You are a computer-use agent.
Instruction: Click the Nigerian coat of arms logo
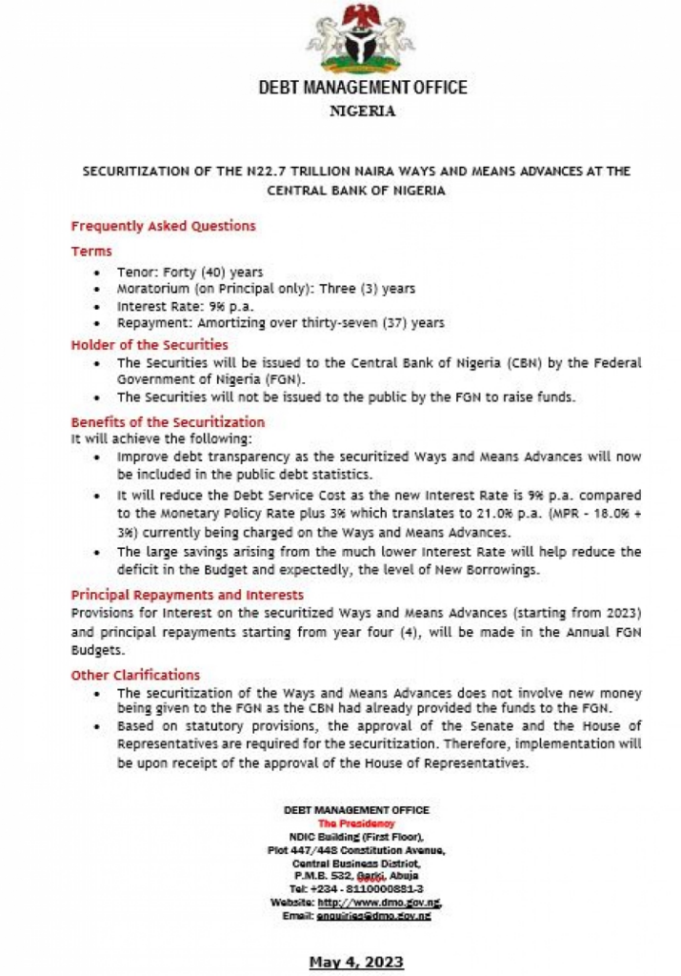pyautogui.click(x=361, y=40)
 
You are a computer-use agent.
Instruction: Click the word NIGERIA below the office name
pyautogui.click(x=361, y=111)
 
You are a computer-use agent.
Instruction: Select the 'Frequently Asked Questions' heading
pyautogui.click(x=163, y=226)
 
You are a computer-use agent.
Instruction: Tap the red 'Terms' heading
pyautogui.click(x=91, y=251)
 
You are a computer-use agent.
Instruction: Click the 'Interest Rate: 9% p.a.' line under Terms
pyautogui.click(x=181, y=306)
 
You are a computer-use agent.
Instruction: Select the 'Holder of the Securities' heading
pyautogui.click(x=150, y=344)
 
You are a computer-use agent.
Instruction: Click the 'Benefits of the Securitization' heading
pyautogui.click(x=168, y=421)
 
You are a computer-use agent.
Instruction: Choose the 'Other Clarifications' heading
pyautogui.click(x=135, y=675)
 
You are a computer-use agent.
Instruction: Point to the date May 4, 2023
pyautogui.click(x=356, y=962)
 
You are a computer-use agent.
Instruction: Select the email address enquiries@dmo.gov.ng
pyautogui.click(x=385, y=914)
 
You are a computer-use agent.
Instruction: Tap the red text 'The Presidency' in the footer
pyautogui.click(x=356, y=822)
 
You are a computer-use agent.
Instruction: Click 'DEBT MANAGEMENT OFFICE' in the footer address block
pyautogui.click(x=356, y=809)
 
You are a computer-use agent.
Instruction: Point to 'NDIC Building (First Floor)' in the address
pyautogui.click(x=356, y=835)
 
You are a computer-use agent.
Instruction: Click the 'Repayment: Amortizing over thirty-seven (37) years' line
pyautogui.click(x=281, y=323)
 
